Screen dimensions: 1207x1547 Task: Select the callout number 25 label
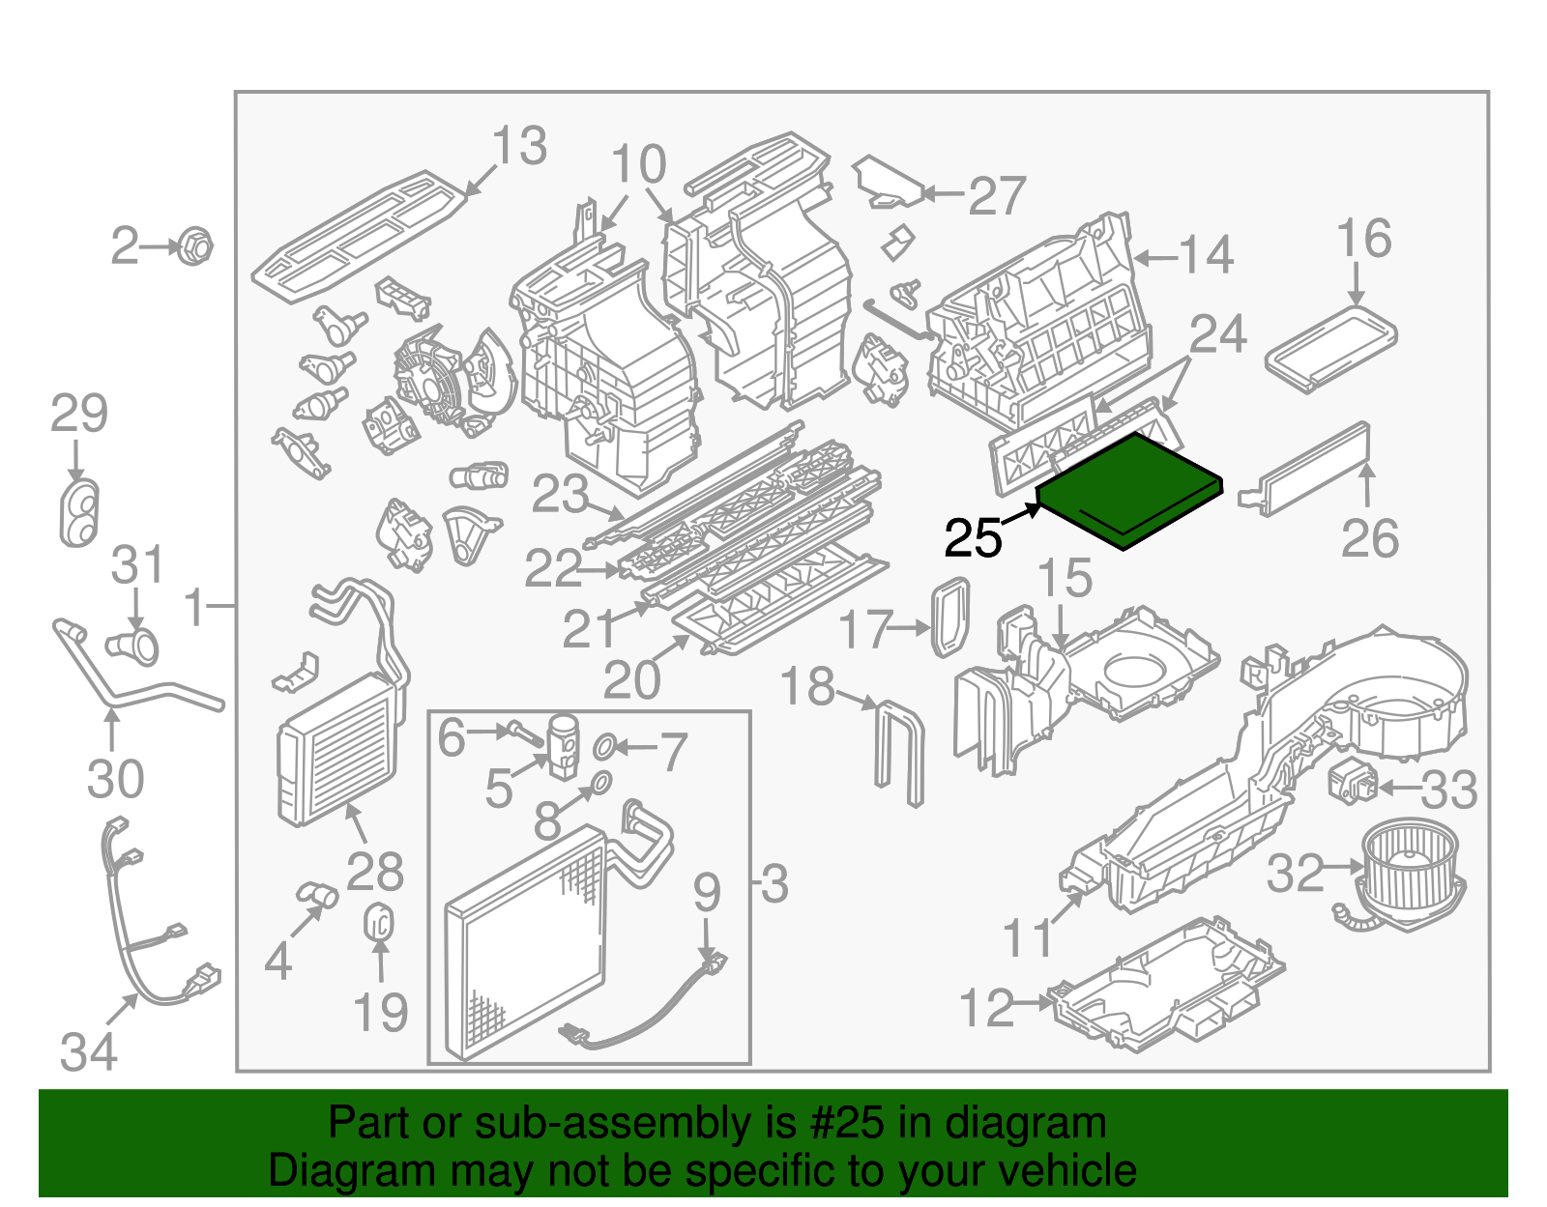point(973,538)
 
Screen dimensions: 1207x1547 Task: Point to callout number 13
point(520,147)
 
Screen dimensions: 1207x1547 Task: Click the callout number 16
point(1363,239)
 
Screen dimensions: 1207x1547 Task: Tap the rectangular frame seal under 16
point(1331,348)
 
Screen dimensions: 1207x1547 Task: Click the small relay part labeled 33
point(1353,781)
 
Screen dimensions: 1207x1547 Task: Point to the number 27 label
point(996,196)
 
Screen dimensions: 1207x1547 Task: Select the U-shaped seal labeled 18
point(899,749)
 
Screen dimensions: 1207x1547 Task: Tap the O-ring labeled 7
point(604,746)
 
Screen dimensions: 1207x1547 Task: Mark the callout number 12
point(986,1008)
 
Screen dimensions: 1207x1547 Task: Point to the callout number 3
point(774,883)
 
